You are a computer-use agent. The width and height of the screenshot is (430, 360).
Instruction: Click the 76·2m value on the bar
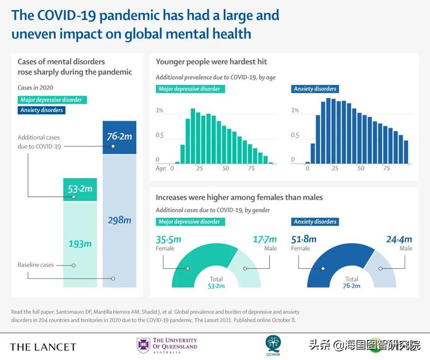pos(120,137)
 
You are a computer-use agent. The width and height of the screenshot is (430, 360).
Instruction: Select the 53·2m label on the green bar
pos(80,189)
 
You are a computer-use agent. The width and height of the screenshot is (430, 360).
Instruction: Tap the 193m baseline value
pos(80,244)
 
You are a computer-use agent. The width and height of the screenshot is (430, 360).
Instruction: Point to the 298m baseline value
pos(120,220)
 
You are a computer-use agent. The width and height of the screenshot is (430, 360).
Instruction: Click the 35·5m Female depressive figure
pos(169,239)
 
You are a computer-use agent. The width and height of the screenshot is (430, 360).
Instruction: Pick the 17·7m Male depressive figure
pos(265,239)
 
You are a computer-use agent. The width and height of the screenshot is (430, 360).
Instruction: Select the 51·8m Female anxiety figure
pos(304,239)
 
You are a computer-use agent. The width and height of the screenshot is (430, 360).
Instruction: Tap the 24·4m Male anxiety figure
pos(399,239)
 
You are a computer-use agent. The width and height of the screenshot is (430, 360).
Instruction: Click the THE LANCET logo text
pos(43,347)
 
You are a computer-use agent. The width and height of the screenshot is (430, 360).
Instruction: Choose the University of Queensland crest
pos(143,345)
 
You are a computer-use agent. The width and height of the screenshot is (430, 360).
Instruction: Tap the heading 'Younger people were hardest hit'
pos(211,62)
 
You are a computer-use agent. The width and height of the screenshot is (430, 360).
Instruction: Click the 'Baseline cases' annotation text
pos(36,265)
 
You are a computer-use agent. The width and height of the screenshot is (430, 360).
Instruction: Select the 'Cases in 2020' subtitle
pos(35,88)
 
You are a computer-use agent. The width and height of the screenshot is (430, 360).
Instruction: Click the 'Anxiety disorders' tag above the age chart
pos(315,89)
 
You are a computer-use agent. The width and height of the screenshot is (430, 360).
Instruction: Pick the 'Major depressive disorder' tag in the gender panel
pos(190,222)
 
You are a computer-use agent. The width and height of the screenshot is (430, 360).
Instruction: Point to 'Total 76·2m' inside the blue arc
pos(352,282)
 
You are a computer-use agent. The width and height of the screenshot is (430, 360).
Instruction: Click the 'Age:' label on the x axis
pos(161,168)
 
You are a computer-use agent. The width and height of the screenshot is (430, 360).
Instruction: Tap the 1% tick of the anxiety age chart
pos(295,111)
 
